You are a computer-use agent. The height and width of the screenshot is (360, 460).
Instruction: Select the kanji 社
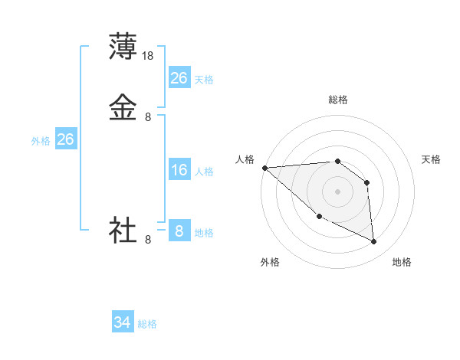point(123,230)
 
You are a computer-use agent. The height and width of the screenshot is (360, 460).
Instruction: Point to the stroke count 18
point(149,56)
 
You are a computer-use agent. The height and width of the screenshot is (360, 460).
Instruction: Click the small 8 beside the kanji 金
point(148,117)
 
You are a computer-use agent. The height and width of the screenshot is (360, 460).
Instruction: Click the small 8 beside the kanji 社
point(148,240)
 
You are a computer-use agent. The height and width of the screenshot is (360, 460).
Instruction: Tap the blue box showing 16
point(179,170)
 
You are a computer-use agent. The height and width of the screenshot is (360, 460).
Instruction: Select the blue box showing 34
point(123,323)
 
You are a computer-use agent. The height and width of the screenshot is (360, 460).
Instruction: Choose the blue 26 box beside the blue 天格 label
point(179,78)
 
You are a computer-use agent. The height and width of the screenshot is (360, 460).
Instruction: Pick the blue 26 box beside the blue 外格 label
point(66,139)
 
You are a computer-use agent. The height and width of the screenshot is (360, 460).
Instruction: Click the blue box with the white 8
point(179,231)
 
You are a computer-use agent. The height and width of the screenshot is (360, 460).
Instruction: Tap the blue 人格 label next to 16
point(205,172)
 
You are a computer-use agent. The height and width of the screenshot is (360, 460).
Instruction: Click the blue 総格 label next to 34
point(147,325)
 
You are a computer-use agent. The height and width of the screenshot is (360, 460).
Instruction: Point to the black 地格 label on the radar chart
point(402,262)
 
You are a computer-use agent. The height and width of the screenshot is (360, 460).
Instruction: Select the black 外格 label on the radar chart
point(270,262)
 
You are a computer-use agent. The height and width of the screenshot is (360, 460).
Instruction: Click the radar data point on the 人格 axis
point(264,168)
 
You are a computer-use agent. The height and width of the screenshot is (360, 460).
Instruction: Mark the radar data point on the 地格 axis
point(374,242)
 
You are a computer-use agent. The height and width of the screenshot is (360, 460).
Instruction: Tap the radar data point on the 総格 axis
point(337,161)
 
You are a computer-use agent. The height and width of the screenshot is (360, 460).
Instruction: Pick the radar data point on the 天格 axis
point(367,182)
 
